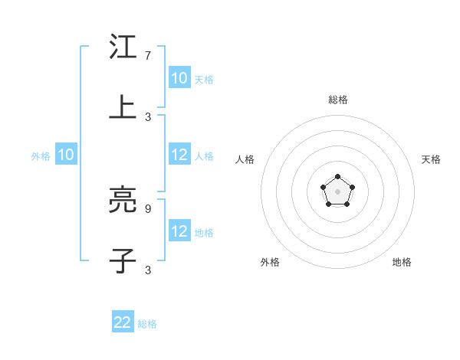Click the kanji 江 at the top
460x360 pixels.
point(123,47)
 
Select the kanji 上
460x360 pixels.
point(123,108)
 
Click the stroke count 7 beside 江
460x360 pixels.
point(148,56)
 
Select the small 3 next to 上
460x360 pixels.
point(148,116)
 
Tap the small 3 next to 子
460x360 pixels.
point(148,270)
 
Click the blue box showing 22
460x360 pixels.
point(123,322)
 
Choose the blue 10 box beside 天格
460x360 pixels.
point(179,78)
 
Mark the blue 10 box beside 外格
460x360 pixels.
point(66,155)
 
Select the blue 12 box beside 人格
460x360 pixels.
point(179,155)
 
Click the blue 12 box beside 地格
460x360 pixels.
point(179,231)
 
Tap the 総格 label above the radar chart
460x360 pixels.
point(338,100)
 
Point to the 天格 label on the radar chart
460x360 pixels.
point(431,159)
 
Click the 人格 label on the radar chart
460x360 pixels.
point(245,159)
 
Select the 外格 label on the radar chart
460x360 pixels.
point(270,262)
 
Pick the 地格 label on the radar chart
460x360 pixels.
point(402,262)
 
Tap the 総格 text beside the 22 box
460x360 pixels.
point(147,324)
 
